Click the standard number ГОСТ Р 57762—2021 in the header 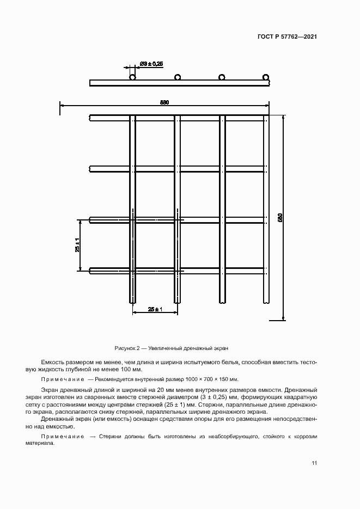[287, 37]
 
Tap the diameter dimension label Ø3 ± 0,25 [151, 64]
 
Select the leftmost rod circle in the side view [132, 77]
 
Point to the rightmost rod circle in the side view [266, 77]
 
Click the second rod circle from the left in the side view [178, 77]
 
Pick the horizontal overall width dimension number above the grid [164, 102]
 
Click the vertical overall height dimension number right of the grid [280, 218]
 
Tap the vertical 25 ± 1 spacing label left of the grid [78, 245]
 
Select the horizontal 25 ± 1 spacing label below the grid [155, 309]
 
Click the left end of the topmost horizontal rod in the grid [91, 118]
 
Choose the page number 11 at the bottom [314, 463]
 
